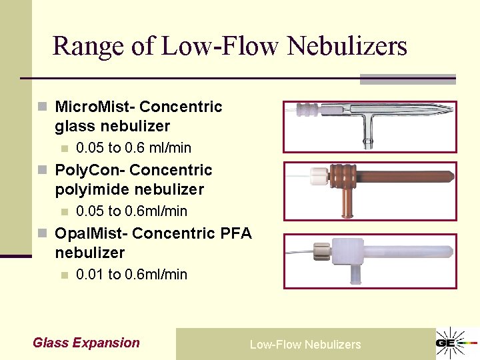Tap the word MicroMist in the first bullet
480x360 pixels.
click(x=94, y=107)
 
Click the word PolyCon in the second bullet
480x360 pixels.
click(x=90, y=170)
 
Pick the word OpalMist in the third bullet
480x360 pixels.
click(x=91, y=233)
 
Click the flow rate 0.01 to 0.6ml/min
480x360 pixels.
click(x=131, y=274)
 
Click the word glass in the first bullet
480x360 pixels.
click(x=75, y=126)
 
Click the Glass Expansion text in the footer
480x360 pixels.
click(x=86, y=343)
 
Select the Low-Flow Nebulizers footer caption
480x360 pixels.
click(x=305, y=345)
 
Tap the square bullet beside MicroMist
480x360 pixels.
click(x=43, y=107)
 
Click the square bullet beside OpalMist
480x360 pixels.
click(x=43, y=233)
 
